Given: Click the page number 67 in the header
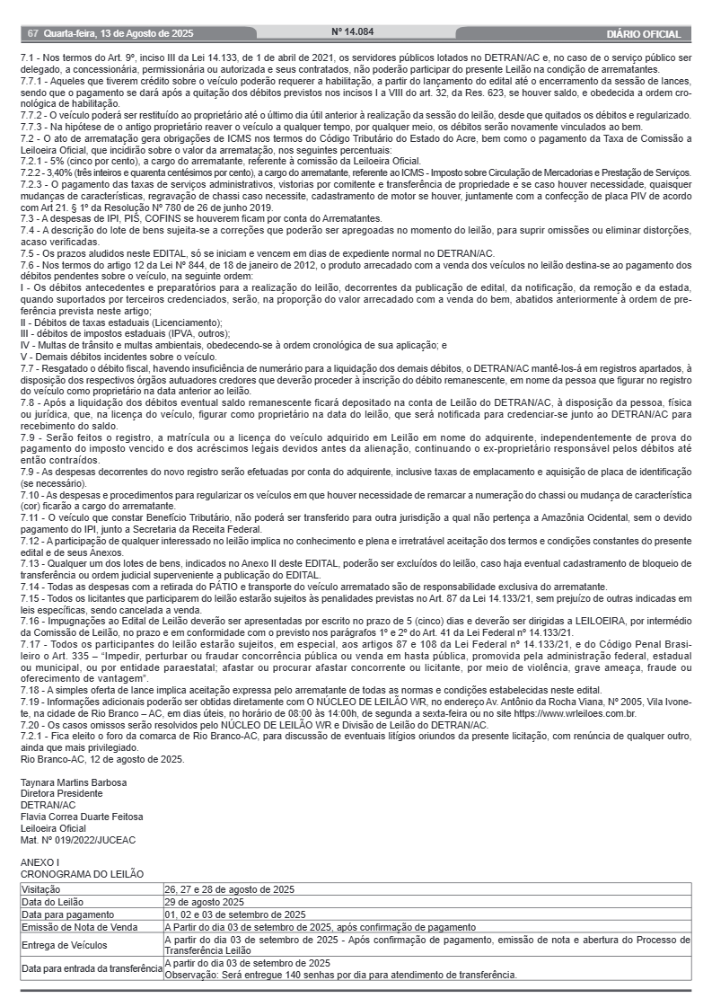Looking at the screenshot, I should [x=32, y=34].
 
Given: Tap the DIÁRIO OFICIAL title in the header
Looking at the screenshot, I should [x=643, y=34].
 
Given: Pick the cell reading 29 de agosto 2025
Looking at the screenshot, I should [x=205, y=901].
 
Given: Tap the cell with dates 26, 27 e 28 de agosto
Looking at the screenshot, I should [x=230, y=888].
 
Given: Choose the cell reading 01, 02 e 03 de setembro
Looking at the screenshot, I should [x=235, y=914].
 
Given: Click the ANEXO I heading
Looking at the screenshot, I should [x=40, y=862].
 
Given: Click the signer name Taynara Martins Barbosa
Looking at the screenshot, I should [x=74, y=782].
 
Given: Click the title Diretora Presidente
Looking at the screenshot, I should [x=62, y=793].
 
